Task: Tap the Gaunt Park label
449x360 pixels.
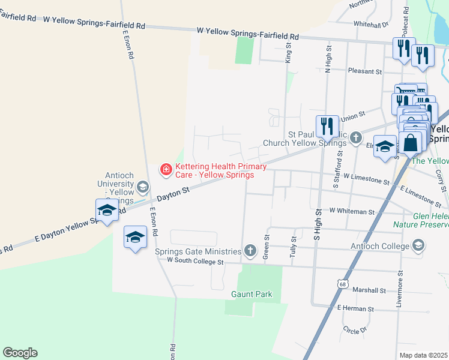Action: pyautogui.click(x=252, y=294)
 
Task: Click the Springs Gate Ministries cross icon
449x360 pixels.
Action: pyautogui.click(x=250, y=250)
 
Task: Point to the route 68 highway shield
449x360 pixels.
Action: pyautogui.click(x=341, y=283)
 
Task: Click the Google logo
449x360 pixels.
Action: pyautogui.click(x=20, y=353)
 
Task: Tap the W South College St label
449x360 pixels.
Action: pyautogui.click(x=195, y=261)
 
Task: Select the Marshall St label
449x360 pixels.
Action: pyautogui.click(x=369, y=290)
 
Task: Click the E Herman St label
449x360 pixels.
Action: pyautogui.click(x=355, y=308)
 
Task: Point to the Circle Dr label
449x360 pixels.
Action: pyautogui.click(x=355, y=330)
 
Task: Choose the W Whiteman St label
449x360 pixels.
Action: pyautogui.click(x=352, y=211)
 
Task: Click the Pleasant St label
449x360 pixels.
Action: pyautogui.click(x=366, y=71)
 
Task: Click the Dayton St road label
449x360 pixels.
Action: pyautogui.click(x=173, y=193)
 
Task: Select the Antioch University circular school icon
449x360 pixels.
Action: pyautogui.click(x=143, y=187)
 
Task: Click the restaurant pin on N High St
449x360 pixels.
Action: pyautogui.click(x=327, y=125)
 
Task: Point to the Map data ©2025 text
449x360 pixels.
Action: pyautogui.click(x=424, y=355)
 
